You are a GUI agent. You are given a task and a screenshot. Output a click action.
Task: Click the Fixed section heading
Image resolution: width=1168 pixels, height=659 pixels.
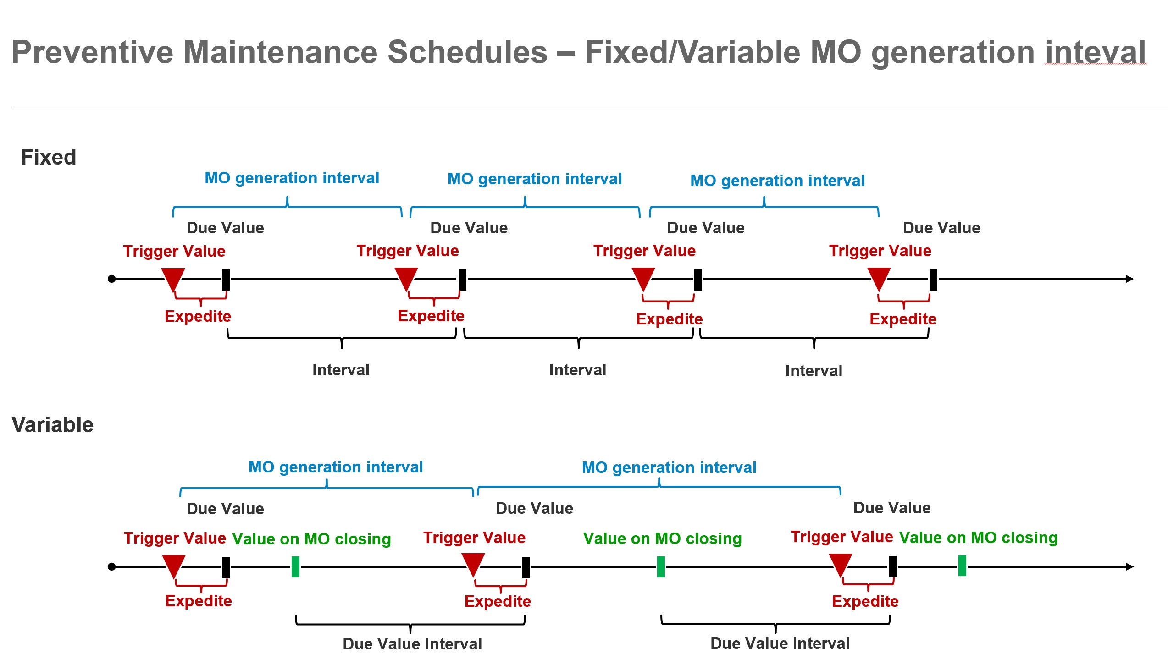pyautogui.click(x=49, y=157)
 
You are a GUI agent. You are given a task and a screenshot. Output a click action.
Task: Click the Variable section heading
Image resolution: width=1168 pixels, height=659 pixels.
pyautogui.click(x=52, y=425)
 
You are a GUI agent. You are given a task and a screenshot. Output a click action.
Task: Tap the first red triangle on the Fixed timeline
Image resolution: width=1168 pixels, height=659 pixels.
pyautogui.click(x=173, y=278)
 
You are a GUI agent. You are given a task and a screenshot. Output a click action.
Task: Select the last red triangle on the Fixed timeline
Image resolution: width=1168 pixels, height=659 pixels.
pyautogui.click(x=879, y=278)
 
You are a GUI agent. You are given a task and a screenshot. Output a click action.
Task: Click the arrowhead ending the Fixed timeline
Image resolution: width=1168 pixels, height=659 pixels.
pyautogui.click(x=1129, y=279)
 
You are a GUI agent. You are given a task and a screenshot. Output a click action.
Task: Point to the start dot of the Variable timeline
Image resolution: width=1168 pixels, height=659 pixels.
pyautogui.click(x=111, y=567)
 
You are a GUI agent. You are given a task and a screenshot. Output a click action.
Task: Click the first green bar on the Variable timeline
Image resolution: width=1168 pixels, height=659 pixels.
pyautogui.click(x=296, y=567)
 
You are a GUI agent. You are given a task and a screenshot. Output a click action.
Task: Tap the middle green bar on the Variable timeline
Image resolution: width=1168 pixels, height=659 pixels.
pyautogui.click(x=661, y=567)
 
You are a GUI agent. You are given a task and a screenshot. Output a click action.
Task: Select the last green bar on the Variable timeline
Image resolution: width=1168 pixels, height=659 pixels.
pyautogui.click(x=962, y=566)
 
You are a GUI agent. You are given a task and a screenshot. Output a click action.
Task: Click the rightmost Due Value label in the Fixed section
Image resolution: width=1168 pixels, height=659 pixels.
pyautogui.click(x=941, y=228)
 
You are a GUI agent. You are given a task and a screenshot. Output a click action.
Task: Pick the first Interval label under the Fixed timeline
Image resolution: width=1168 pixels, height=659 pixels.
pyautogui.click(x=341, y=370)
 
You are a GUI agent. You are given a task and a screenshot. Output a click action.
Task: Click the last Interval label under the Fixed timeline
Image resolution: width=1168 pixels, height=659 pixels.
pyautogui.click(x=814, y=371)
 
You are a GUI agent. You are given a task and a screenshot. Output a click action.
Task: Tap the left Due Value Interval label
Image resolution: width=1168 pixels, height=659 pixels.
pyautogui.click(x=412, y=644)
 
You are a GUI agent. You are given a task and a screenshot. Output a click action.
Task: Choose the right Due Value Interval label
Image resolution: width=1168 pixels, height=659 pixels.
pyautogui.click(x=780, y=643)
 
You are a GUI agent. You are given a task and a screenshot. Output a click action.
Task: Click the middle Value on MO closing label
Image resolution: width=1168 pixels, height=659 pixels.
pyautogui.click(x=662, y=538)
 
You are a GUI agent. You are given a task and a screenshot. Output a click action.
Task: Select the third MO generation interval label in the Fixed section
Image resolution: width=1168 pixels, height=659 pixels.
pyautogui.click(x=777, y=181)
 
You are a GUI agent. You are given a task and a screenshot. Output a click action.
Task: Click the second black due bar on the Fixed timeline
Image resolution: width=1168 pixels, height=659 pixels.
pyautogui.click(x=462, y=280)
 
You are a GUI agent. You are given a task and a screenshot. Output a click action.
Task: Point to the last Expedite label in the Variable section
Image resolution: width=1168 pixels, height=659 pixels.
pyautogui.click(x=865, y=601)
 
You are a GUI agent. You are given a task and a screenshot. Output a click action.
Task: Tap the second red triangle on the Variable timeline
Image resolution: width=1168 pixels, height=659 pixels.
pyautogui.click(x=473, y=564)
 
